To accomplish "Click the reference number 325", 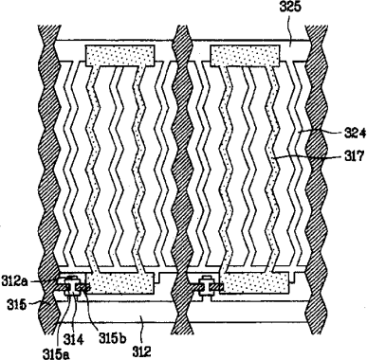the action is (x=289, y=7).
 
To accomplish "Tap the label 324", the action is (x=355, y=134).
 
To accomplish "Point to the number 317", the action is (x=355, y=156).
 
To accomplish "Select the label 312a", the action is (x=14, y=281).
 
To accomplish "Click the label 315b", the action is (x=113, y=338).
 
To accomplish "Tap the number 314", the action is (x=74, y=340).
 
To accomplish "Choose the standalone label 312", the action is (x=141, y=351).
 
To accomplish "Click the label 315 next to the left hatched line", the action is (x=17, y=305).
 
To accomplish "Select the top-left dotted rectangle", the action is (x=120, y=55).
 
